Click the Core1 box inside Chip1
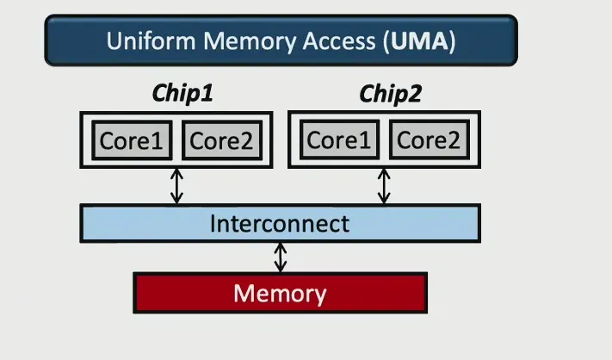pyautogui.click(x=131, y=140)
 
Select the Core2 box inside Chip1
pyautogui.click(x=221, y=140)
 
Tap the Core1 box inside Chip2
pyautogui.click(x=337, y=140)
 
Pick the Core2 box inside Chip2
pyautogui.click(x=428, y=140)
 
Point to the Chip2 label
pyautogui.click(x=390, y=94)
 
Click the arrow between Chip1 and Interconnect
pyautogui.click(x=176, y=186)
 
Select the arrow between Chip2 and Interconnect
pyautogui.click(x=383, y=186)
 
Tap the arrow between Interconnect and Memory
pyautogui.click(x=281, y=257)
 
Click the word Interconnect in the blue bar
pyautogui.click(x=280, y=224)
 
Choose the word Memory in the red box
pyautogui.click(x=280, y=294)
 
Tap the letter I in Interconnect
pyautogui.click(x=213, y=224)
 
